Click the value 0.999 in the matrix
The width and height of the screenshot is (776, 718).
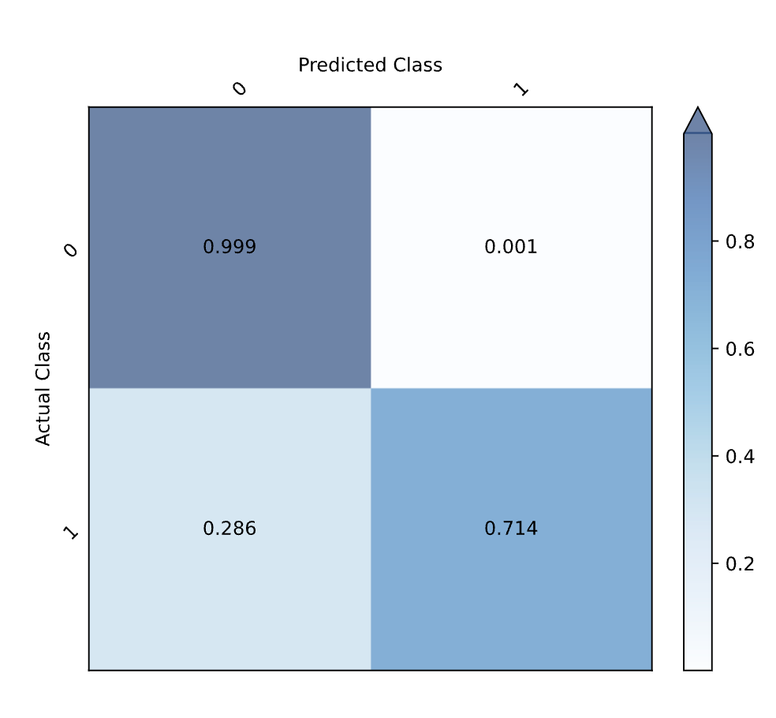pos(229,247)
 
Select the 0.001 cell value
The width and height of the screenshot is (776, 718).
pos(511,247)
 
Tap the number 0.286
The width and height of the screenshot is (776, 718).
pos(229,529)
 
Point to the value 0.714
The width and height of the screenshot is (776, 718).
pos(511,529)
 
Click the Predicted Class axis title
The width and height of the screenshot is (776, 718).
pos(370,65)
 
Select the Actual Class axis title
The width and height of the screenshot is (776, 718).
pos(43,388)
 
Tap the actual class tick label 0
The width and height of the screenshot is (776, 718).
pos(71,250)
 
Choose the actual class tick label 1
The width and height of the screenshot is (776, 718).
pos(71,533)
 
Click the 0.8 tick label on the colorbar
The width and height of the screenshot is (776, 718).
pos(740,241)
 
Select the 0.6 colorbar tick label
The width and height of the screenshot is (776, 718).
pos(740,349)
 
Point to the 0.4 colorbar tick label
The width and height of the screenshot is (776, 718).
pos(740,456)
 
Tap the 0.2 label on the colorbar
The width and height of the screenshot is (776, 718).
pos(740,563)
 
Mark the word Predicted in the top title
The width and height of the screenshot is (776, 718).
pos(334,65)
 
